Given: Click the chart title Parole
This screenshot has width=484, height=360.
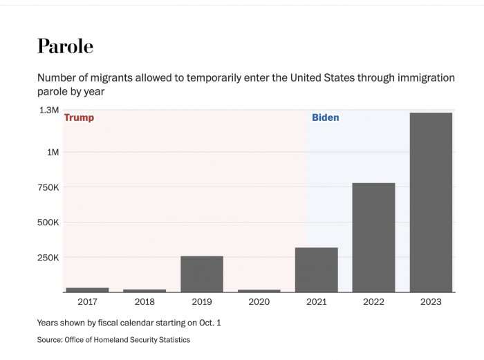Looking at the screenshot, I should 65,46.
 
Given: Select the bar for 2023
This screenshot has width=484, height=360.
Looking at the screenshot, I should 431,202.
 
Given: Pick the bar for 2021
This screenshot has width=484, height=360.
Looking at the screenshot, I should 316,269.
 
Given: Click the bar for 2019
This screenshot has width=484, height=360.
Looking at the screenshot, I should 202,274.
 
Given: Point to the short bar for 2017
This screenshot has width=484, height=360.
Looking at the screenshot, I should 87,290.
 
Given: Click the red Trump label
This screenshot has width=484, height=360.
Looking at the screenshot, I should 79,118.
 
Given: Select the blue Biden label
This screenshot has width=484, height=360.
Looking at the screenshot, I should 326,118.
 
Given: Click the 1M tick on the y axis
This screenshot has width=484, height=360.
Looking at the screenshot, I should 53,152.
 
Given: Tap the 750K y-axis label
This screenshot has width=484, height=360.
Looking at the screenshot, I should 48,187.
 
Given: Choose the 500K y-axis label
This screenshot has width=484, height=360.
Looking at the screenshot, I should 48,222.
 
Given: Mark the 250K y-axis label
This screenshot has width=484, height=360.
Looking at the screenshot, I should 48,258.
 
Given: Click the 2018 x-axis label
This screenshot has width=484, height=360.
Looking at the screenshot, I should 145,302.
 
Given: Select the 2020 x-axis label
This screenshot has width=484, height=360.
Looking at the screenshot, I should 259,302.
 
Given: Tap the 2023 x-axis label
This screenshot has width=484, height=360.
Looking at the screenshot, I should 431,302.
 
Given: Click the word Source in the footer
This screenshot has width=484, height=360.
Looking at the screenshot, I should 49,340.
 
